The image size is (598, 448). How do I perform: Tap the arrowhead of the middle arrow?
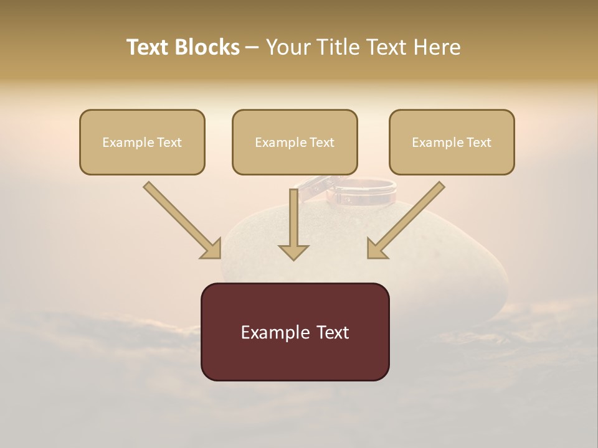tap(293, 251)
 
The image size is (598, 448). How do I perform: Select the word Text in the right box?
tap(478, 142)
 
